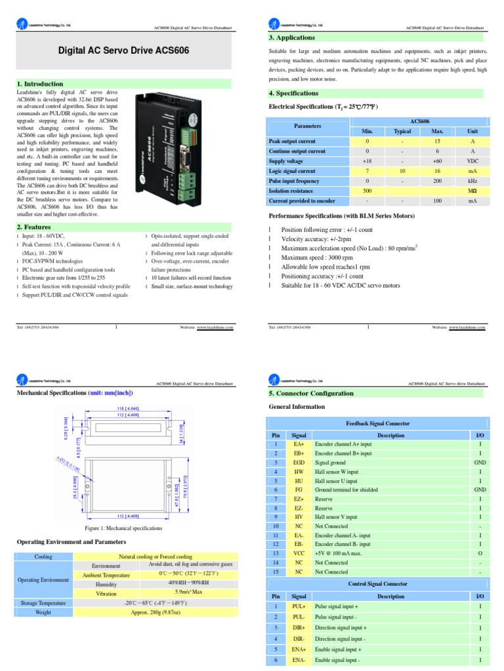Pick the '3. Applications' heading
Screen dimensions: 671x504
292,38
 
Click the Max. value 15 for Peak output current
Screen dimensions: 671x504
438,141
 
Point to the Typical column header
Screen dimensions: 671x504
402,131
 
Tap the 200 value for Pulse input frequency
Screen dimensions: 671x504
438,180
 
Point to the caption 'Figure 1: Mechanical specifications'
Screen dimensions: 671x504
123,528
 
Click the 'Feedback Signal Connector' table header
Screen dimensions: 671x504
377,423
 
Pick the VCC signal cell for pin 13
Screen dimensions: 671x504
299,553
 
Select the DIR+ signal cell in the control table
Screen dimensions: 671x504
299,627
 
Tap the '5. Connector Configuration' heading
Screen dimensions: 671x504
311,393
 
